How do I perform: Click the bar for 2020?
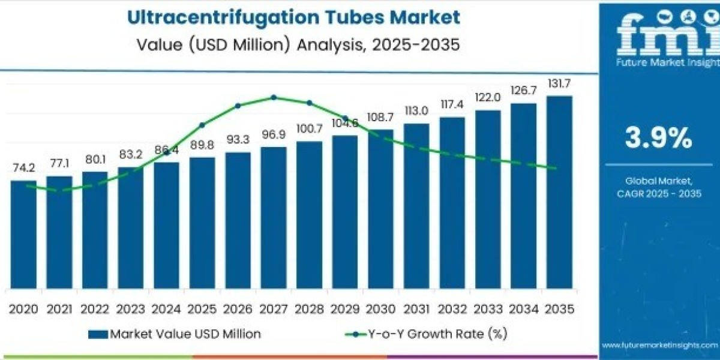pos(23,234)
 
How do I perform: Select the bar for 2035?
pos(559,192)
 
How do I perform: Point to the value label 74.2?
pos(23,167)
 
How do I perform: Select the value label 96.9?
pos(273,134)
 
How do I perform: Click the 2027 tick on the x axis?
pos(273,309)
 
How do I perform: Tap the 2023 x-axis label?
pos(130,309)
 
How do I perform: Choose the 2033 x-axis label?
pos(487,309)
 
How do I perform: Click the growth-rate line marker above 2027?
pos(274,97)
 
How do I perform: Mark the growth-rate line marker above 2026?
pos(238,106)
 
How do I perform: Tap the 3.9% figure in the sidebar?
pos(658,139)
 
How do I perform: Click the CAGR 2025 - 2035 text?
pos(659,193)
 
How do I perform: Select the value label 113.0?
pos(416,110)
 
